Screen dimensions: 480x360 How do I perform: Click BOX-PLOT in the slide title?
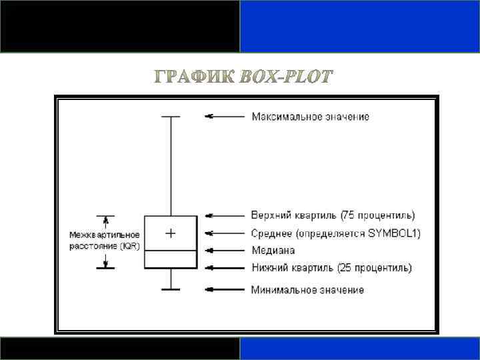tap(285, 78)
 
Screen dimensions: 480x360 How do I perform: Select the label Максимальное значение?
tap(310, 117)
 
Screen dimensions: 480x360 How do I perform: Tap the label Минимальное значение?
tap(307, 290)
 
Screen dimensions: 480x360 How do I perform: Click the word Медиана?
tap(273, 251)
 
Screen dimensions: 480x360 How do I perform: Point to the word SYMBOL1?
tap(396, 233)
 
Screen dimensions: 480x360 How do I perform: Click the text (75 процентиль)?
tap(377, 215)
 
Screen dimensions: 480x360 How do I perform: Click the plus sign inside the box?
tap(171, 233)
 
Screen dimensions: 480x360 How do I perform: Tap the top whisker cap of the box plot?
tap(171, 117)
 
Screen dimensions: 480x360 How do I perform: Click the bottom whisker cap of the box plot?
tap(171, 289)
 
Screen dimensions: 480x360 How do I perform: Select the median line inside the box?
tap(171, 250)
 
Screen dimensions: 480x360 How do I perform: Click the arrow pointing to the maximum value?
tap(225, 116)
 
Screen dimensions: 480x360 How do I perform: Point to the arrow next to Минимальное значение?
tap(225, 289)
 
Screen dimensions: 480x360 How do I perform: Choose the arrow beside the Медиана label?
tap(225, 251)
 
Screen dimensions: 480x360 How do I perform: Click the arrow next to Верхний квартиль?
tap(225, 215)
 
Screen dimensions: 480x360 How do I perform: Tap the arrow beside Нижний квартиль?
tap(225, 268)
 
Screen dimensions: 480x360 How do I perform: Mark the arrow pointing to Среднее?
tap(225, 233)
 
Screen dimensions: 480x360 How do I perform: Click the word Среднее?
tap(271, 233)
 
